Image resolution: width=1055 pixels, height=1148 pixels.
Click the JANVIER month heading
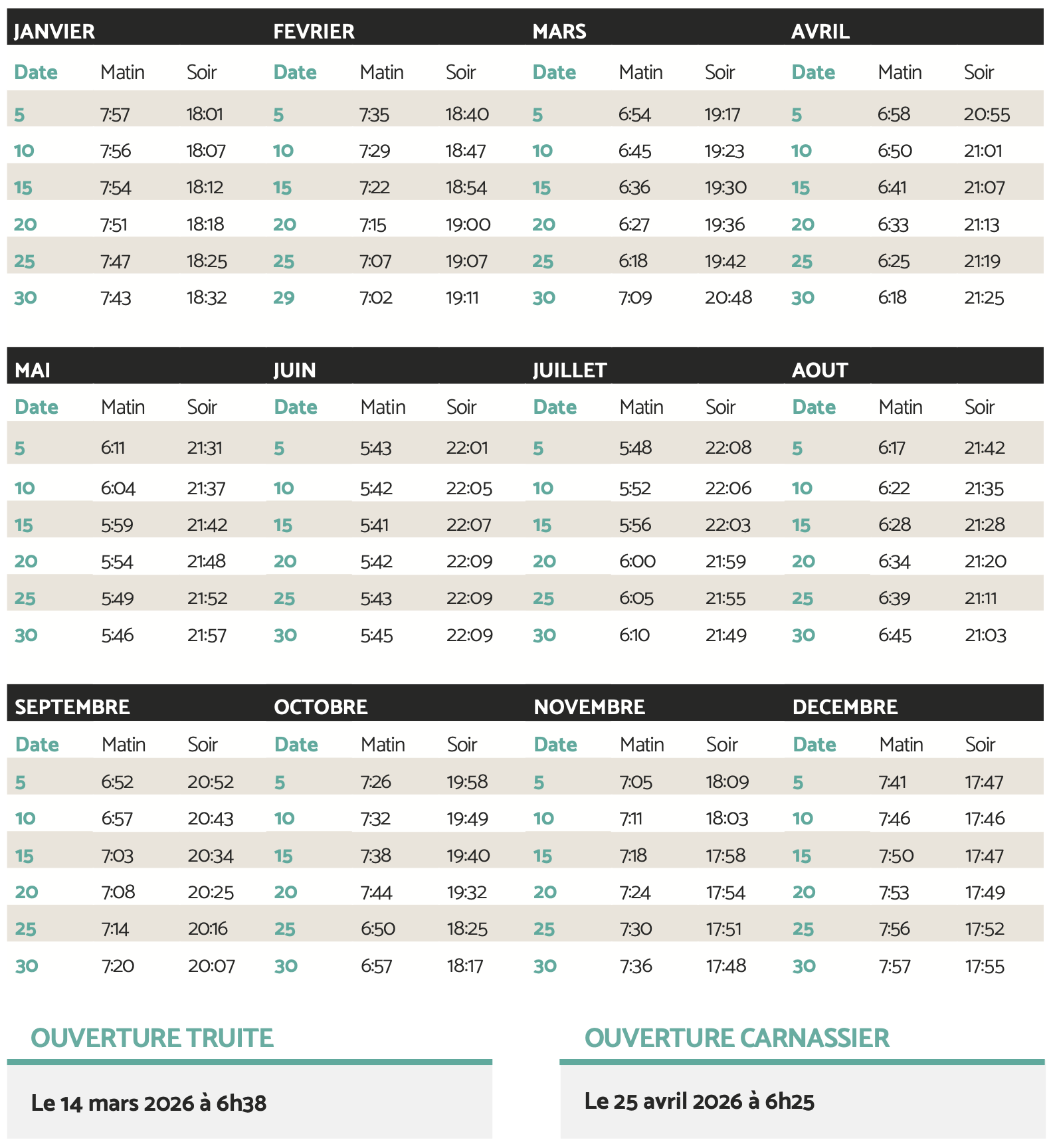pos(54,31)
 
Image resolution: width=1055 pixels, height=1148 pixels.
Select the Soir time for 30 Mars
pos(728,298)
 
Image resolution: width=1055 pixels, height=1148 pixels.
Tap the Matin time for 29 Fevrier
pos(376,298)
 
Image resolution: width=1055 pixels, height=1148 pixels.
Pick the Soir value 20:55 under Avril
pos(987,115)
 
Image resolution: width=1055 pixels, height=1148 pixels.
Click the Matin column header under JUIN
pos(383,407)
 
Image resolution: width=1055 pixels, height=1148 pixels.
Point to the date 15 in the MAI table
pos(24,526)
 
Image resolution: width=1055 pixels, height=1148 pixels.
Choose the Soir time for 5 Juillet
pos(728,448)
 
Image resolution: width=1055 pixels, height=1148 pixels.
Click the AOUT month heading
pos(820,370)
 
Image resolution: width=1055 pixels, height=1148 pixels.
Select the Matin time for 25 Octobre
pos(378,929)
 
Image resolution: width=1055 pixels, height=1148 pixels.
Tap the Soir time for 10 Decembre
pos(985,818)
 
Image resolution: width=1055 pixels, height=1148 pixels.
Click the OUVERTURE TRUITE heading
pos(152,1038)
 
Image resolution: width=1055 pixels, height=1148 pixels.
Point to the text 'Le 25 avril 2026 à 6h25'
pos(699,1101)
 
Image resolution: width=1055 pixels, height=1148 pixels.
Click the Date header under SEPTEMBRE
pos(37,745)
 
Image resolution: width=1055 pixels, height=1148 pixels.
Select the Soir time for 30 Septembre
pos(211,966)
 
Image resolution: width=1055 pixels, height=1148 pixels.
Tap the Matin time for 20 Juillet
pos(637,562)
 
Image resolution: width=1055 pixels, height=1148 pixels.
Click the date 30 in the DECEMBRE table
pos(804,966)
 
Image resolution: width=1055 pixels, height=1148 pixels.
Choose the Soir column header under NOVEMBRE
pos(721,745)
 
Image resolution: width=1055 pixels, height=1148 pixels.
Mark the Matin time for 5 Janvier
pos(115,115)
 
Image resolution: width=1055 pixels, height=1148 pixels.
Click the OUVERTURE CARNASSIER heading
pos(737,1038)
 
